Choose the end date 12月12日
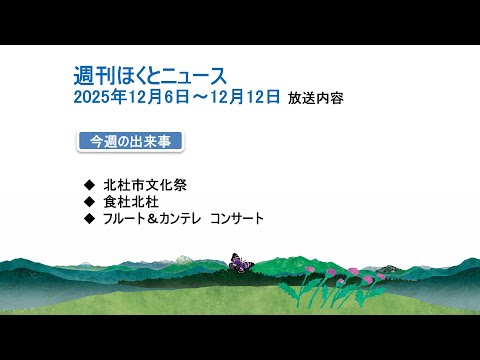247,98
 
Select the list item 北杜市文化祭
145,185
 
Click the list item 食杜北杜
131,202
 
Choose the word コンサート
237,218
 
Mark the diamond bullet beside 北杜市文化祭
89,185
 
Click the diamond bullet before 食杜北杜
89,202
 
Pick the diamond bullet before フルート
89,218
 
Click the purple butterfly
241,262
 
